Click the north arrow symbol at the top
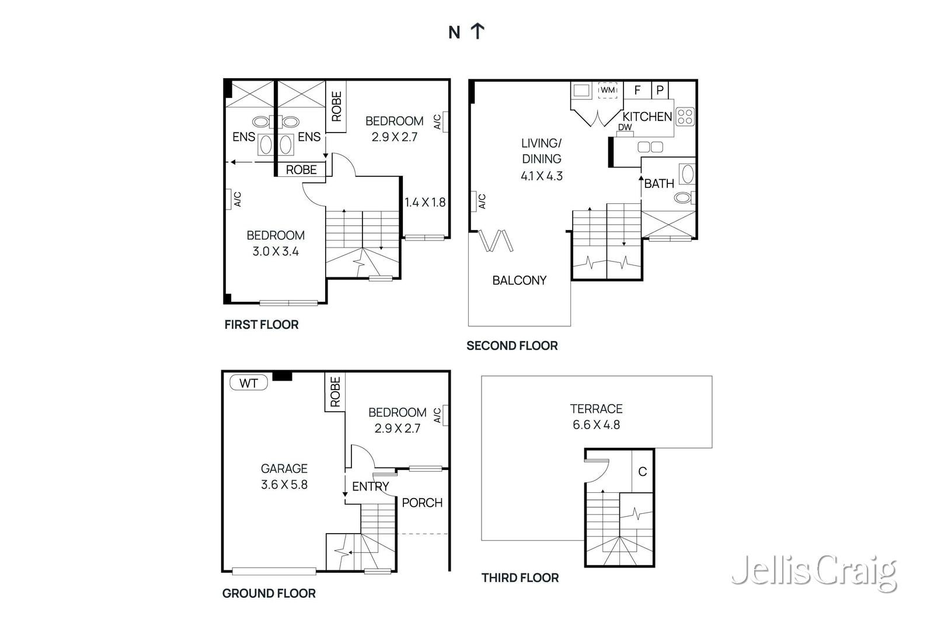coord(478,31)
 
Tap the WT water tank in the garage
coord(249,383)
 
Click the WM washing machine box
coord(608,90)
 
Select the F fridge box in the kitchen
coord(637,90)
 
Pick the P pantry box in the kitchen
coord(660,90)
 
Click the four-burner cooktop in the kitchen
coord(685,117)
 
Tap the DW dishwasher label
coord(625,127)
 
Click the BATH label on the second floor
coord(659,183)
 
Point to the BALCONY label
coord(519,280)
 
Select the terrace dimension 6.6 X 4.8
coord(596,425)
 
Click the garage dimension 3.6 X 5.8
coord(284,485)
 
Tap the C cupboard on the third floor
coord(642,471)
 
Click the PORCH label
coord(422,503)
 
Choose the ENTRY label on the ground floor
coord(370,486)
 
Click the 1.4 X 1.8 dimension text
coord(425,203)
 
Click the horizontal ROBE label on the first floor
coord(301,169)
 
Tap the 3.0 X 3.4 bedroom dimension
coord(276,252)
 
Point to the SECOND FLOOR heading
coord(512,346)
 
